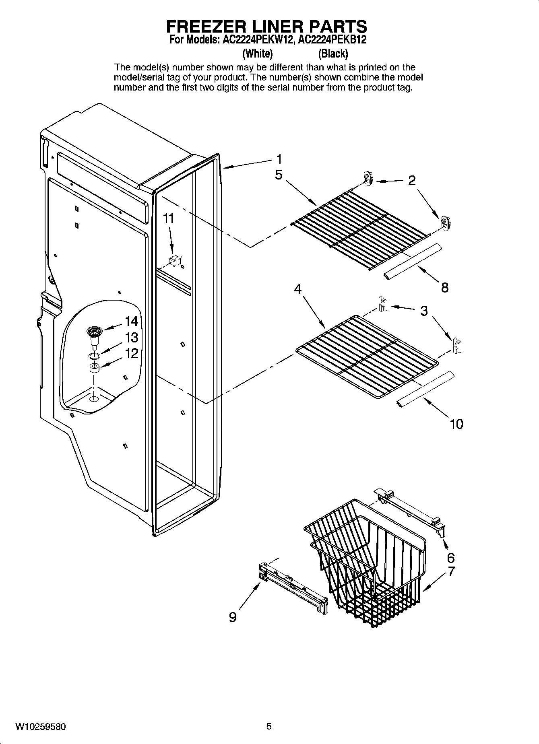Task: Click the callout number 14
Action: (131, 321)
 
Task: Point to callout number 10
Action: (456, 424)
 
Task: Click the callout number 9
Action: (233, 617)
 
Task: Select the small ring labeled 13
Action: (94, 355)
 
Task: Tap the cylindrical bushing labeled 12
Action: (94, 368)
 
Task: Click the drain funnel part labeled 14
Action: (95, 336)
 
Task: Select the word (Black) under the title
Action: (333, 54)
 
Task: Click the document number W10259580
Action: (41, 727)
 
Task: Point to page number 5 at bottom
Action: (269, 726)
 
